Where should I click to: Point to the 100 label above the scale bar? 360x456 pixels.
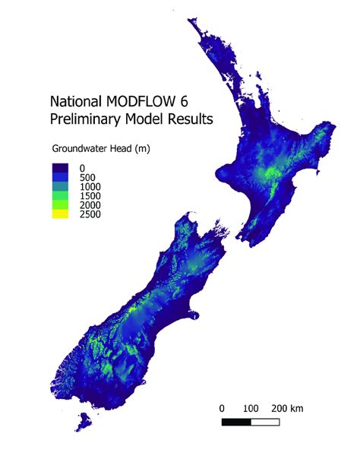pos(252,409)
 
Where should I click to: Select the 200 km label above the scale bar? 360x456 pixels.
pos(289,409)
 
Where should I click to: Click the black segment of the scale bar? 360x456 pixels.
pos(237,421)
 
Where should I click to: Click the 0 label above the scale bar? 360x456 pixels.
pos(222,409)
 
